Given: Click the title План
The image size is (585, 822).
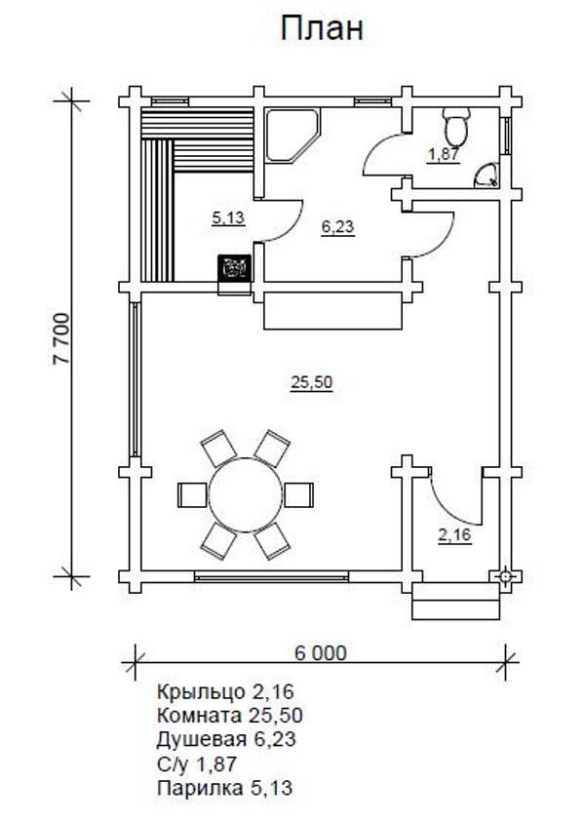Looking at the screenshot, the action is pos(322,28).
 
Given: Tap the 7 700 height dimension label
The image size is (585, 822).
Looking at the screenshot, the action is pos(61,338).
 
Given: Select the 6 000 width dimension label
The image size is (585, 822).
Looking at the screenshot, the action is pos(320,653).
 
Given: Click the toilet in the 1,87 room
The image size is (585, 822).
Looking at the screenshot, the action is pos(455,125).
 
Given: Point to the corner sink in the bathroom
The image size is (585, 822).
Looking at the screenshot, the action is pos(487,176).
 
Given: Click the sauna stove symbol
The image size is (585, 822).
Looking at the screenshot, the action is pos(234,268).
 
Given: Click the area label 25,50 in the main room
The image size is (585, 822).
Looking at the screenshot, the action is pos(312,382).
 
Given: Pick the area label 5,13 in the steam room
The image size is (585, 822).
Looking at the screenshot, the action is pos(228,217).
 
